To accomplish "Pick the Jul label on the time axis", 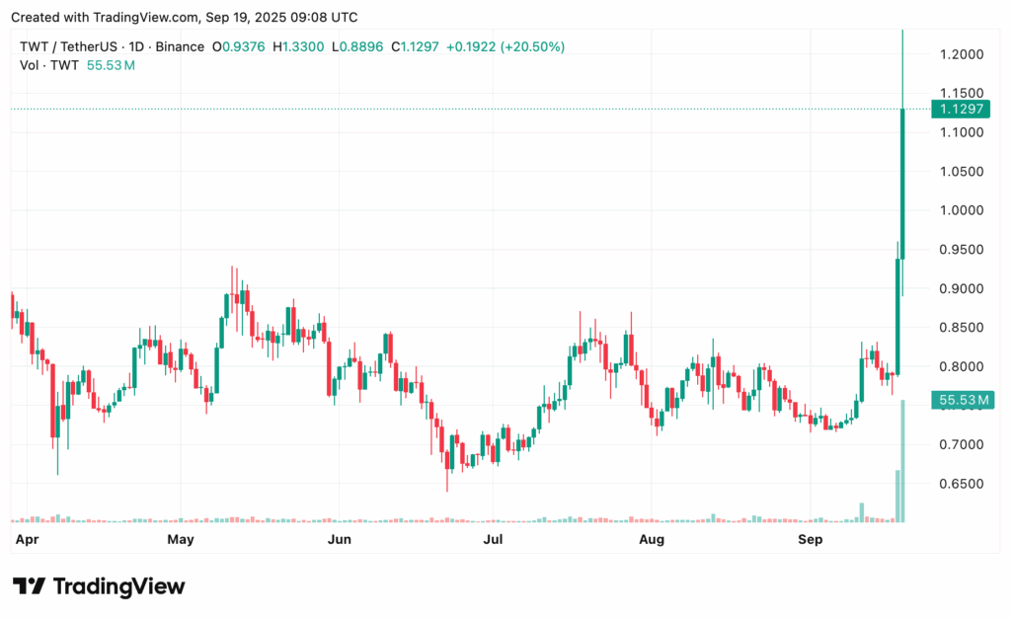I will pos(493,540).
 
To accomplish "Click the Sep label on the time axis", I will pos(810,540).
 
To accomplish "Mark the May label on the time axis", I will pos(181,540).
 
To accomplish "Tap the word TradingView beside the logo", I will pos(118,586).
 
